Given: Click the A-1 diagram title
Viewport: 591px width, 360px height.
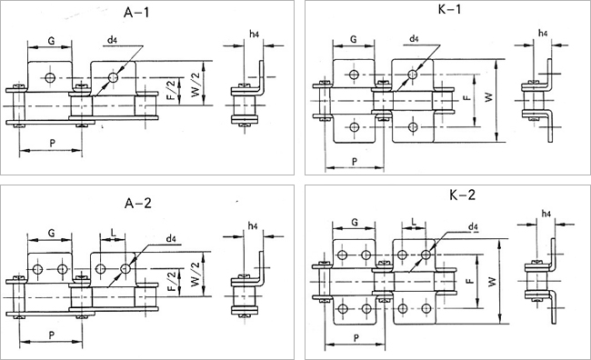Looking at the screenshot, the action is [x=136, y=13].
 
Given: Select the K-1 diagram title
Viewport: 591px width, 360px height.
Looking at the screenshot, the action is [x=450, y=9].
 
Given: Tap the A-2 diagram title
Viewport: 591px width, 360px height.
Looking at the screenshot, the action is [x=138, y=204].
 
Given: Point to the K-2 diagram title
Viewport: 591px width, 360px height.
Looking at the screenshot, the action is [x=463, y=195].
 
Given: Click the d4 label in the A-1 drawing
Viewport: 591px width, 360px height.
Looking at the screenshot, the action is [x=112, y=40].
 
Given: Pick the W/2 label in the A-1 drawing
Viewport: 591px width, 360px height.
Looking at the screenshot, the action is [x=195, y=86].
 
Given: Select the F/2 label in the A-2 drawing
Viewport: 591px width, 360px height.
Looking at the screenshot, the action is [x=172, y=281].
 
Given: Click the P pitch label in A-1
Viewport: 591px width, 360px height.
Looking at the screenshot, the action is [x=52, y=143].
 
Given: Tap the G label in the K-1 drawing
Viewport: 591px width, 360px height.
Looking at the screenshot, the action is [x=353, y=39].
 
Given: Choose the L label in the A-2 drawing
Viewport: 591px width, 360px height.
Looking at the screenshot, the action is [x=113, y=233].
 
